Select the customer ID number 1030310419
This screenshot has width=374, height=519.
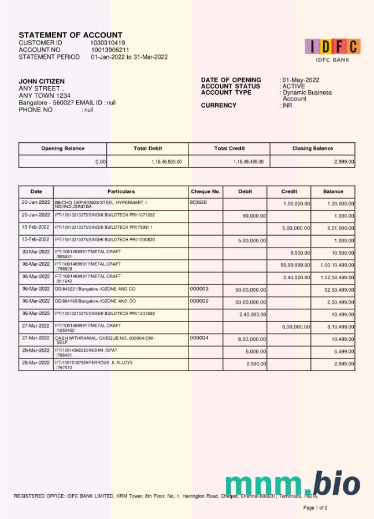pos(108,43)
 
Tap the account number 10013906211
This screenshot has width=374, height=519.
pos(110,50)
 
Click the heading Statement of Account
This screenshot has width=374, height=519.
pos(71,35)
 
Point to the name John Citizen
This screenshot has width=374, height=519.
pos(42,81)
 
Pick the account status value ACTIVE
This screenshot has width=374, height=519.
pos(294,86)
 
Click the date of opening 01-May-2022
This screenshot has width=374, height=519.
pos(301,80)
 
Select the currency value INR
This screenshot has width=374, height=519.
pos(287,105)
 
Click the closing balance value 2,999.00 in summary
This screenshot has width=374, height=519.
pos(344,162)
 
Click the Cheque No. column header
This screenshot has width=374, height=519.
pos(205,191)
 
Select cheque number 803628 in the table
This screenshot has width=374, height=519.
pos(198,202)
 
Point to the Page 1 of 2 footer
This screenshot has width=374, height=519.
pos(315,508)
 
